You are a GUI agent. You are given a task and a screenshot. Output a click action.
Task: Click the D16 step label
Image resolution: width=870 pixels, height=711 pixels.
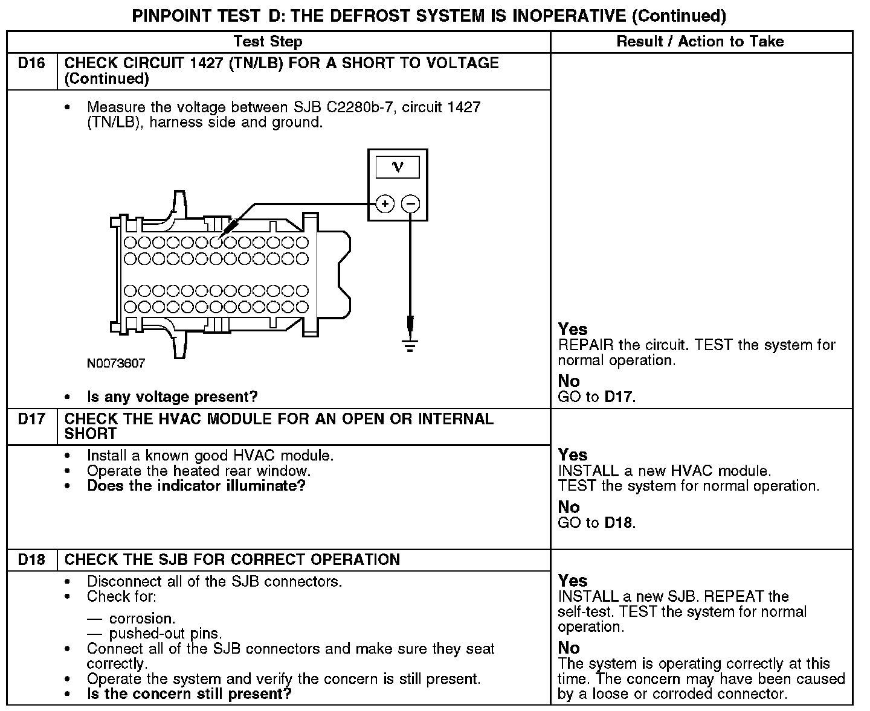[31, 63]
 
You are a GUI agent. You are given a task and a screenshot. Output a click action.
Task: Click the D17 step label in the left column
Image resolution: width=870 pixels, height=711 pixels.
[31, 419]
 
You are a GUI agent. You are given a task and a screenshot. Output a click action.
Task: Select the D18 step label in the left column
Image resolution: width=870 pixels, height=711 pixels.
[31, 560]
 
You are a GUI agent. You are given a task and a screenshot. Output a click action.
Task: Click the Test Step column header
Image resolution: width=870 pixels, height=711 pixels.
[268, 42]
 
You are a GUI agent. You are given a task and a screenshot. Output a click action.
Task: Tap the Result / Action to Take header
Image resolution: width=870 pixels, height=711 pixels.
[700, 42]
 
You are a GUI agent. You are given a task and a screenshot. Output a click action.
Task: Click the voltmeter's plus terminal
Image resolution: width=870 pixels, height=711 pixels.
[385, 204]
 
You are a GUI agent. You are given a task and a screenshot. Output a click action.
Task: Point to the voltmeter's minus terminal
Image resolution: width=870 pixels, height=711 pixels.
[411, 204]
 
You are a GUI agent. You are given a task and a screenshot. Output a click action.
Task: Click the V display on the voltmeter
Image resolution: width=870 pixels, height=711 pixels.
[398, 167]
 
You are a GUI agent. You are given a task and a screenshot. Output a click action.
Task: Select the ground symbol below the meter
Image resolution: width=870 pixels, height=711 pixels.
[410, 346]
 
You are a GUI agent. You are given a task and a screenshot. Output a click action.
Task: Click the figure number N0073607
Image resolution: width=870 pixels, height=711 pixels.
[116, 363]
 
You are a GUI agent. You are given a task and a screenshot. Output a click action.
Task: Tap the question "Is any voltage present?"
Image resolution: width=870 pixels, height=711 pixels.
[172, 397]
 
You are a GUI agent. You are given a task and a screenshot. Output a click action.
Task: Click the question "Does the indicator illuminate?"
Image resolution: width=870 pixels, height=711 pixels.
[196, 486]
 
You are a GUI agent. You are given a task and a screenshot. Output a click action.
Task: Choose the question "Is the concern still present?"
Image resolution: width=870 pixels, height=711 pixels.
[189, 694]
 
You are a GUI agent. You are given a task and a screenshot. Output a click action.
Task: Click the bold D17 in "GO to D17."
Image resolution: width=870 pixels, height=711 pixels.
[619, 397]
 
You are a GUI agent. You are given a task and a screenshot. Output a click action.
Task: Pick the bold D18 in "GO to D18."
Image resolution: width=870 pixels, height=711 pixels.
[619, 523]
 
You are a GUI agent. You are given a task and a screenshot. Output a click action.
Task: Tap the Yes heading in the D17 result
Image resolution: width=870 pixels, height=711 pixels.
[573, 454]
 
